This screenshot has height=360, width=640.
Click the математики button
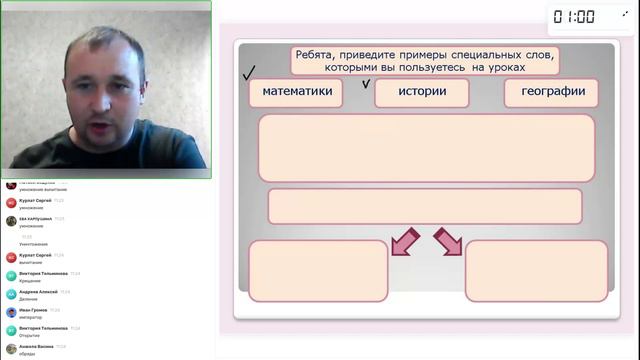click(x=296, y=92)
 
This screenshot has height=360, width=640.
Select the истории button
click(x=421, y=92)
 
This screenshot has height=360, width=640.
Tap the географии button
click(x=551, y=92)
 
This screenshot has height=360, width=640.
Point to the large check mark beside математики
click(x=249, y=73)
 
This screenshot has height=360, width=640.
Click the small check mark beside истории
click(x=366, y=83)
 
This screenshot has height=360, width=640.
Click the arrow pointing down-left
click(x=404, y=241)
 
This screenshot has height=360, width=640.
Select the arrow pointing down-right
click(x=447, y=241)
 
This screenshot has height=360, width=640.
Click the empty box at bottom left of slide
click(x=318, y=270)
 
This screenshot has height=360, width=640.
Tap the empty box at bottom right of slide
click(x=536, y=270)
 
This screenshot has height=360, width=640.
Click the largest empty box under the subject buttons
click(x=426, y=148)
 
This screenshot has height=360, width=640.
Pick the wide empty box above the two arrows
click(x=424, y=206)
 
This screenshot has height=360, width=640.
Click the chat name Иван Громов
click(x=33, y=310)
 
